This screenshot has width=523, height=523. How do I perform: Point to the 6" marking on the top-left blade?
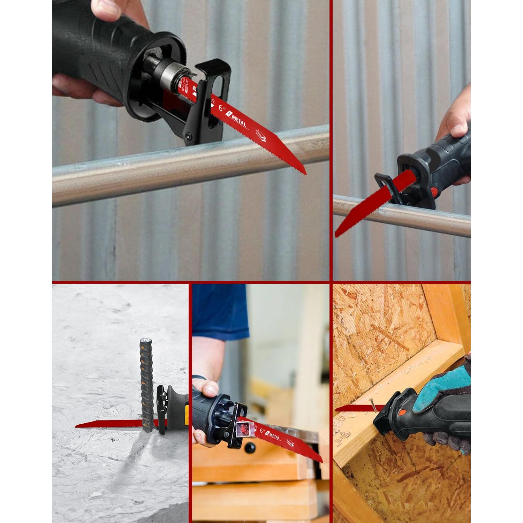(x=222, y=109)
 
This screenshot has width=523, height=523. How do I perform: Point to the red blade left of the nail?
(x=352, y=408)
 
